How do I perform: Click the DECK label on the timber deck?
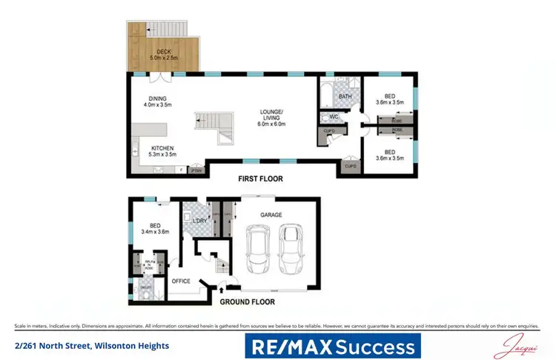pos(163,51)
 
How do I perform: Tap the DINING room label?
pos(156,99)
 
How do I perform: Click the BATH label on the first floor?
pos(345,96)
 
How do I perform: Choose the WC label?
pos(334,116)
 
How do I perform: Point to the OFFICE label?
pos(182,281)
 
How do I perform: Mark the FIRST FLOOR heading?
pos(259,179)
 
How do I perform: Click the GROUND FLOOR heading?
pos(247,301)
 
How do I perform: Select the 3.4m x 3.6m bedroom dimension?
pos(156,232)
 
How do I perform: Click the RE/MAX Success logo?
pos(333,346)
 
